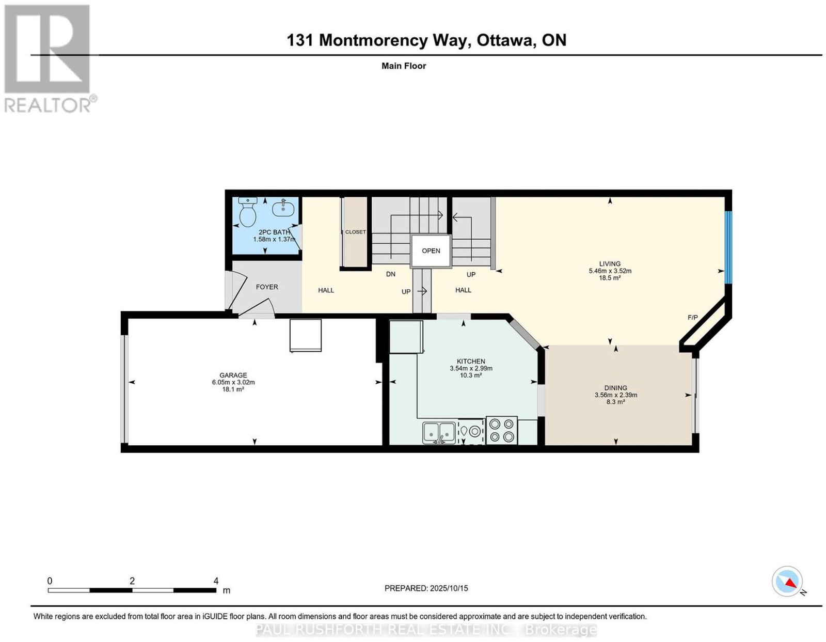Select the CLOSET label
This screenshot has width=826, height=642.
click(355, 232)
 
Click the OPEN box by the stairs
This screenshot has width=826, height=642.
click(431, 251)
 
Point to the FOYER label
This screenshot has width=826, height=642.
click(267, 287)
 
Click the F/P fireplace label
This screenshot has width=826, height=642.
click(693, 318)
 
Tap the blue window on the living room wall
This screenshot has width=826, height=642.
click(728, 247)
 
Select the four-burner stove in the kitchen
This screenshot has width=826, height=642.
click(502, 431)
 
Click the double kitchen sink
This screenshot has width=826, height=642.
click(439, 432)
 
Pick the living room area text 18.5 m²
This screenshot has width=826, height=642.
click(610, 278)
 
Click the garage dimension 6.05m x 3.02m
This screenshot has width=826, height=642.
click(233, 382)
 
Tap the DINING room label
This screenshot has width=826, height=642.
click(615, 388)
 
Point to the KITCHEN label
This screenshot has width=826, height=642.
click(471, 362)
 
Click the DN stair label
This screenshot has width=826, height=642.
click(391, 274)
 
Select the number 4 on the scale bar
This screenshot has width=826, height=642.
click(216, 581)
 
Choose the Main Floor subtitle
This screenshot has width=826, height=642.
click(404, 66)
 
